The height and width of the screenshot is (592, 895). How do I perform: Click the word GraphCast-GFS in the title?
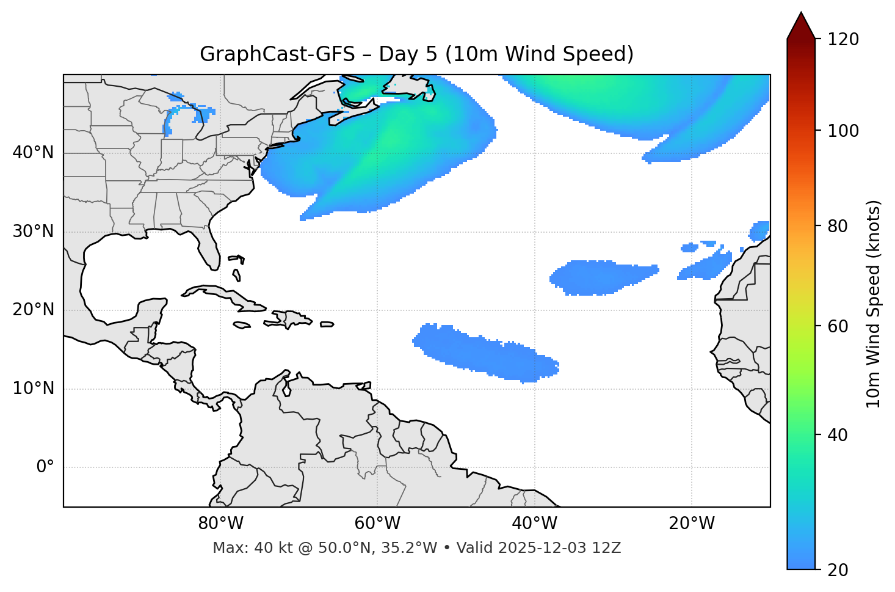click(277, 54)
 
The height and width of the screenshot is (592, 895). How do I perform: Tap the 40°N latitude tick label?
click(33, 153)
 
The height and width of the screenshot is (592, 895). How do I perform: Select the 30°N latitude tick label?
click(33, 232)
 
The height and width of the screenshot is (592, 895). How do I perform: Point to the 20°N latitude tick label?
click(33, 310)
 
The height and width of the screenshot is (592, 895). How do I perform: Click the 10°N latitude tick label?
click(33, 389)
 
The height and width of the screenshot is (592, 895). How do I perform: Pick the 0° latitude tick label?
click(45, 467)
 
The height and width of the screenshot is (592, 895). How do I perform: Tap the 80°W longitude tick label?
click(220, 524)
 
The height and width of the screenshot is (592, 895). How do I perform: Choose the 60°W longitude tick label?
click(377, 524)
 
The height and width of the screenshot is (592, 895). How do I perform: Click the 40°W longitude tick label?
click(534, 524)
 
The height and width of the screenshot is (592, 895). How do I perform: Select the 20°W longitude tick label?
click(691, 524)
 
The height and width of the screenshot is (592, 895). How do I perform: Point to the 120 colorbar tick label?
click(842, 39)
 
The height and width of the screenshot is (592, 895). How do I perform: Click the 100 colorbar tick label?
click(842, 131)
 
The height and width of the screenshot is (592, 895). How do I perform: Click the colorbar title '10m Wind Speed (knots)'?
click(874, 304)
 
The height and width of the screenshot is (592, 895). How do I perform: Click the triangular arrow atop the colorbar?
click(801, 26)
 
